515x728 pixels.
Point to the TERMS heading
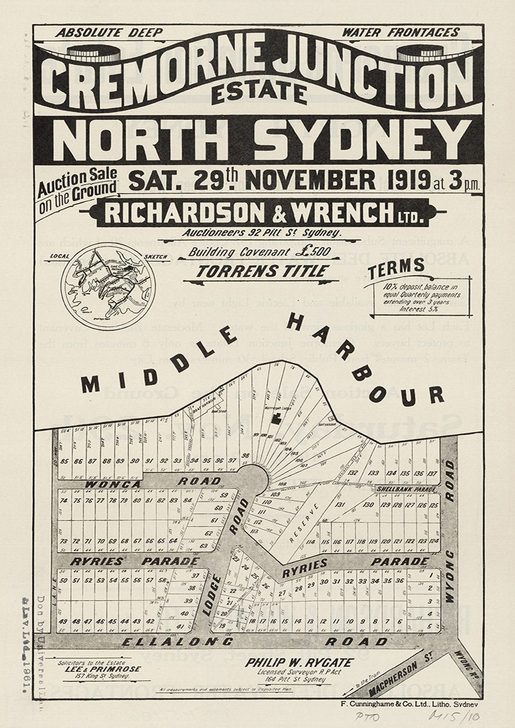[x=400, y=266]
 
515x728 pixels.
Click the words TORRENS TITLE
[x=263, y=271]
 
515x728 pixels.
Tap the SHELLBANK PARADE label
[x=406, y=488]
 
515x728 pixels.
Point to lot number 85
[x=63, y=461]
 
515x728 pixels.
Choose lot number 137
[x=432, y=473]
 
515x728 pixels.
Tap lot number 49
[x=64, y=621]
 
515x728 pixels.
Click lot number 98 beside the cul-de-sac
[x=245, y=456]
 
